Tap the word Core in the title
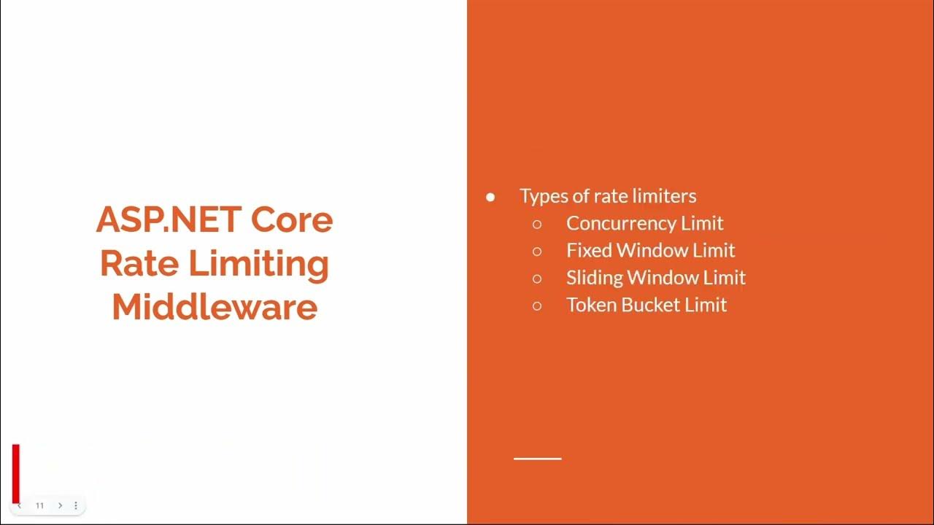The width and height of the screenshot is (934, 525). coord(292,219)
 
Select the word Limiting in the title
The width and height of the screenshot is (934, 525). coord(260,263)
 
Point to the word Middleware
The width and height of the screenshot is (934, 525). coord(215,307)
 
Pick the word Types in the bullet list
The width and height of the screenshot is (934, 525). coord(542,196)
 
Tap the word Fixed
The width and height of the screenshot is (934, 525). coord(589,250)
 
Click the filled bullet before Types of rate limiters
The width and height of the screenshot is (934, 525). coord(490,197)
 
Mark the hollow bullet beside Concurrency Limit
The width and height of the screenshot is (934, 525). coord(538,224)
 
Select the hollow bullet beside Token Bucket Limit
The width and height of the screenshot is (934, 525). coord(538,306)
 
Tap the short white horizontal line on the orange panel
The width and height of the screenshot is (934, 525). coord(538,459)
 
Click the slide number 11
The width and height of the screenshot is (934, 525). coord(40,505)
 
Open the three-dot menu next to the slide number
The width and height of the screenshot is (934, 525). coord(76,505)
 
